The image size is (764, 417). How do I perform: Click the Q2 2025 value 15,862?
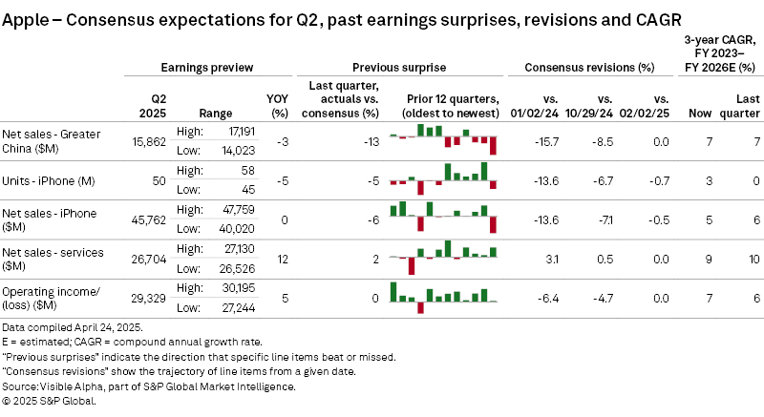click(148, 141)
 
